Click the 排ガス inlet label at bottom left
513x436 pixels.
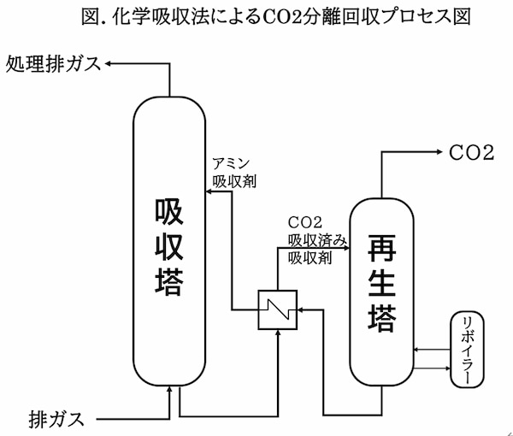click(56, 419)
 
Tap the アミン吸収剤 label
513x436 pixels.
click(232, 173)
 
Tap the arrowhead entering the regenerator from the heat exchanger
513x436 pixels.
click(344, 249)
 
